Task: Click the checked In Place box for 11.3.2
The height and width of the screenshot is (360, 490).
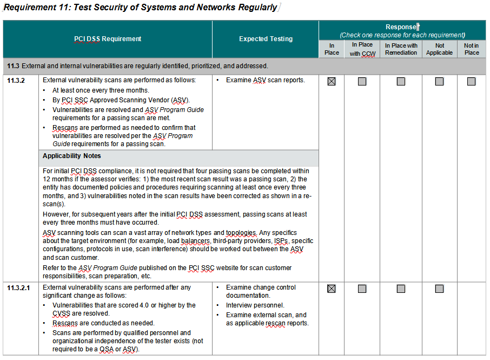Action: coord(332,81)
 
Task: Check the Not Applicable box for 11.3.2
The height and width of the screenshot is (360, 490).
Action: coord(439,81)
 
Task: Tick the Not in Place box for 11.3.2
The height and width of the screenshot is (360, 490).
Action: coord(471,81)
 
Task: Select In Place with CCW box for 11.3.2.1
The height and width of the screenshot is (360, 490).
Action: coord(362,289)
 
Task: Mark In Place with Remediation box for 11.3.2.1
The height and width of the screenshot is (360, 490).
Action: coord(401,289)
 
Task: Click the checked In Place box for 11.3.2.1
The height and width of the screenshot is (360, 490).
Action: coord(332,289)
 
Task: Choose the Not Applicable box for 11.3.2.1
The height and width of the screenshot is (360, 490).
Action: coord(439,289)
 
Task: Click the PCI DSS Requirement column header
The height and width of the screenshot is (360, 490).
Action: coord(108,39)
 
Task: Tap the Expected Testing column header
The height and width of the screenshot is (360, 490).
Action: coord(266,39)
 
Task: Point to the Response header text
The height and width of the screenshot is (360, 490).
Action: coord(401,27)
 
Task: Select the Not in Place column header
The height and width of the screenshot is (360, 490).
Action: coord(471,49)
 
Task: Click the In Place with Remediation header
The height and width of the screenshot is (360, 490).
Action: coord(401,49)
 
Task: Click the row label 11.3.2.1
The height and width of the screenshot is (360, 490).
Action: coord(19,287)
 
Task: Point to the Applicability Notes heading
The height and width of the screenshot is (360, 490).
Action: coord(72,156)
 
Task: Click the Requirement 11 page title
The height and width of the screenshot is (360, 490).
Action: coord(140,8)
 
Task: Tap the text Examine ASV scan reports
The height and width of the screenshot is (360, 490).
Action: coord(265,80)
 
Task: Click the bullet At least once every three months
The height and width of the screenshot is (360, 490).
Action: coord(101,90)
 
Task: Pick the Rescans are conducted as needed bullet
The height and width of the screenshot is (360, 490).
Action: coord(103,323)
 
